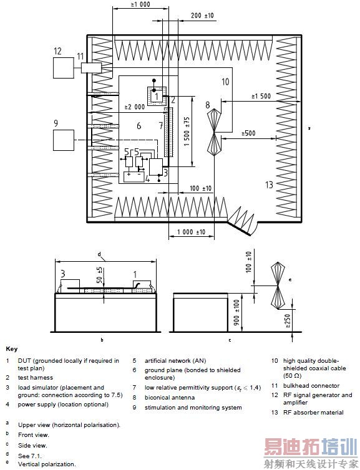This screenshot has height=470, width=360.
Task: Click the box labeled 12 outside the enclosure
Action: pyautogui.click(x=64, y=68)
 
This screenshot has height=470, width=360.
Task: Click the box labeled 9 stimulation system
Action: pyautogui.click(x=64, y=140)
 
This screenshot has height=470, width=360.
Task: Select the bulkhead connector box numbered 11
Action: pyautogui.click(x=92, y=68)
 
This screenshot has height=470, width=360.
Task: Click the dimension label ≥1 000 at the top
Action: pyautogui.click(x=140, y=4)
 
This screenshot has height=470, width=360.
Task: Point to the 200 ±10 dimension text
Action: pyautogui.click(x=203, y=16)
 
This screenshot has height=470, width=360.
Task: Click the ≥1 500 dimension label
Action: pyautogui.click(x=261, y=96)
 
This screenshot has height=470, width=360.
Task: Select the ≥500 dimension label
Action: pyautogui.click(x=249, y=133)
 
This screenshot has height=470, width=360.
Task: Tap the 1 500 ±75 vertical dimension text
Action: pyautogui.click(x=187, y=132)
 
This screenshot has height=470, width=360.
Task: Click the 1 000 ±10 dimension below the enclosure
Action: pyautogui.click(x=192, y=232)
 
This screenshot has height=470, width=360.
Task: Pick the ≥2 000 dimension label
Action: pyautogui.click(x=135, y=107)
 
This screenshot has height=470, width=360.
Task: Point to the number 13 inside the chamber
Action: pyautogui.click(x=269, y=185)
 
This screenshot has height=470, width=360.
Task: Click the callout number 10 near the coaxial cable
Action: pyautogui.click(x=225, y=81)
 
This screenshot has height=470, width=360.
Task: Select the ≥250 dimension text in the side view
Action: pyautogui.click(x=288, y=321)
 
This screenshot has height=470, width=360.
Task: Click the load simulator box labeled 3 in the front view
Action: pyautogui.click(x=71, y=284)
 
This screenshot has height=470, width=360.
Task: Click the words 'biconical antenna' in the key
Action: pyautogui.click(x=170, y=398)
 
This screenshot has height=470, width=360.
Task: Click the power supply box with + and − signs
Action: pyautogui.click(x=134, y=177)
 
